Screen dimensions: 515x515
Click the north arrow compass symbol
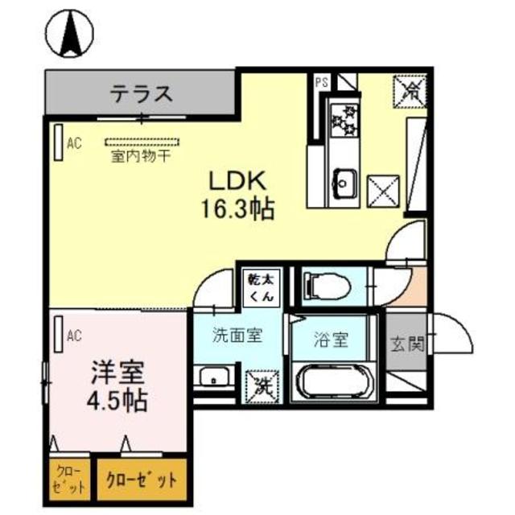point(69,34)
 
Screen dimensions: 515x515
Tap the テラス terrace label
point(141,93)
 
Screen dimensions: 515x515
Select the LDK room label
point(237,179)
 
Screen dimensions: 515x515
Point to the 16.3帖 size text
point(237,210)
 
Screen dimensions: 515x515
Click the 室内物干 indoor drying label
point(140,155)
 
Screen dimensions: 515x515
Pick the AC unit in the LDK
point(59,142)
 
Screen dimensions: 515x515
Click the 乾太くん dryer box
point(262,286)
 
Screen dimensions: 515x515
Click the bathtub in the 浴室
point(332,381)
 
